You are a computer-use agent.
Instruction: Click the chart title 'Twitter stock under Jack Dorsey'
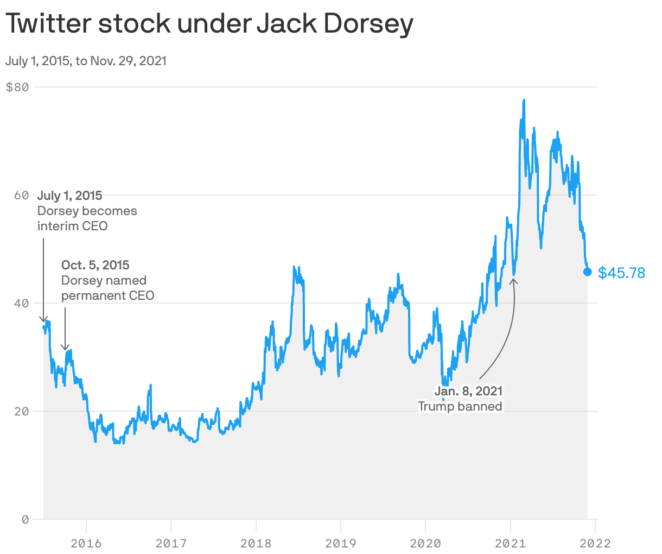tap(209, 24)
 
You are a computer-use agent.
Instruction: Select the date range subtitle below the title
tap(86, 61)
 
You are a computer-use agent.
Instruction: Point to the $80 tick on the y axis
tap(17, 87)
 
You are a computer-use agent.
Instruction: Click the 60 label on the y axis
tap(21, 195)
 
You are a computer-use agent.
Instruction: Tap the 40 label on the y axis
tap(21, 303)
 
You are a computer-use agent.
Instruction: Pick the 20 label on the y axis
tap(21, 411)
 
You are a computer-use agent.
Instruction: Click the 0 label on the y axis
tap(25, 519)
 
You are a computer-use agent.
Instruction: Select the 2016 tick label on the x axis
tap(86, 543)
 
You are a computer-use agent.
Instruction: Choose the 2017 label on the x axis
tap(171, 543)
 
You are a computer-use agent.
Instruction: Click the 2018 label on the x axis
tap(256, 543)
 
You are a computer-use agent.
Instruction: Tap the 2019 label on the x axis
tap(341, 543)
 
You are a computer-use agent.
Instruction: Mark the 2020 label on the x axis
tap(425, 543)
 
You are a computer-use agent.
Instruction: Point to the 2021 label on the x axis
tap(511, 543)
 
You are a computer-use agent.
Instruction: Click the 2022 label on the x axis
tap(595, 543)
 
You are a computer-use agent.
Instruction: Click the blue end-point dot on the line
tap(587, 272)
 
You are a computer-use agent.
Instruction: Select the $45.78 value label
tap(621, 273)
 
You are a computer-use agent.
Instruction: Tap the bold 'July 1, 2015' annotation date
tap(69, 196)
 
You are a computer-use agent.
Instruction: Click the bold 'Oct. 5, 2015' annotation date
tap(95, 265)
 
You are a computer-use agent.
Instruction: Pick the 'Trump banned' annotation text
tap(460, 406)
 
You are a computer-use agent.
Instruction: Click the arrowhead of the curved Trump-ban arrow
tap(513, 280)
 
